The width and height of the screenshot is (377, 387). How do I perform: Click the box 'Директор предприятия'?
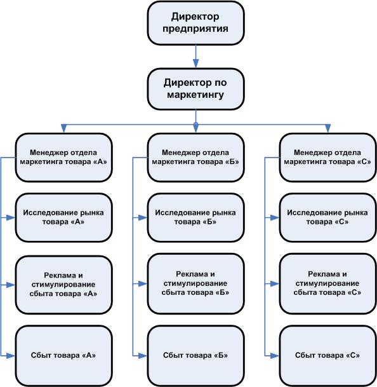[x=195, y=23]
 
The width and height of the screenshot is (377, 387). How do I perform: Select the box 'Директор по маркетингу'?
[x=195, y=89]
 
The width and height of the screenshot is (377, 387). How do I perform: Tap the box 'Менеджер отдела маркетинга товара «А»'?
[x=64, y=158]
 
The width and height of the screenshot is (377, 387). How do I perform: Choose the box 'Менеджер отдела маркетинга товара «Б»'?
[x=195, y=158]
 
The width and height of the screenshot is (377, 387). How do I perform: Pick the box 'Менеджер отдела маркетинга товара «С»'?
[x=328, y=158]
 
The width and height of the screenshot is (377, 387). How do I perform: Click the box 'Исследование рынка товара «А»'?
[x=64, y=218]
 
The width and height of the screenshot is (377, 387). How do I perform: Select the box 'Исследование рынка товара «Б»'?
[x=195, y=218]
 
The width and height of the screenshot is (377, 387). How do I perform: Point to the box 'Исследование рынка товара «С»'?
[x=328, y=218]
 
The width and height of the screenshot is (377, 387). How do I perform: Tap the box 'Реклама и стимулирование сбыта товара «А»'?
[x=64, y=285]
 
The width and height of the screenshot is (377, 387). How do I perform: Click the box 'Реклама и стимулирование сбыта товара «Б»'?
[x=195, y=284]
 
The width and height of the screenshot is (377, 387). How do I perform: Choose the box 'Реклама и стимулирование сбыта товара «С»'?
[x=328, y=284]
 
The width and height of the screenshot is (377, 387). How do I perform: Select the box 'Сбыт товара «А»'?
[x=64, y=356]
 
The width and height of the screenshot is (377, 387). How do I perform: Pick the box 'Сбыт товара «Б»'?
[x=195, y=356]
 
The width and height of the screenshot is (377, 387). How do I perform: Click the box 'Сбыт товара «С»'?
[x=328, y=356]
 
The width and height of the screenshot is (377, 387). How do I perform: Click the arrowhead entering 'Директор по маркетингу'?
[x=195, y=64]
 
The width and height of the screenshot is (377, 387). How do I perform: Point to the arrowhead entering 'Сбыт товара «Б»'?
[x=143, y=356]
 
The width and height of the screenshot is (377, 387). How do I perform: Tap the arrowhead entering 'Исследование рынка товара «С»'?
[x=275, y=218]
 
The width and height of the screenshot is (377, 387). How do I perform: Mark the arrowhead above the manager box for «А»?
[x=64, y=128]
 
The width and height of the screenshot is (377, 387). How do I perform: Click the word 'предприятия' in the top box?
[x=195, y=29]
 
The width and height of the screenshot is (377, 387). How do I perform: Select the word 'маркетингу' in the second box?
[x=195, y=95]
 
